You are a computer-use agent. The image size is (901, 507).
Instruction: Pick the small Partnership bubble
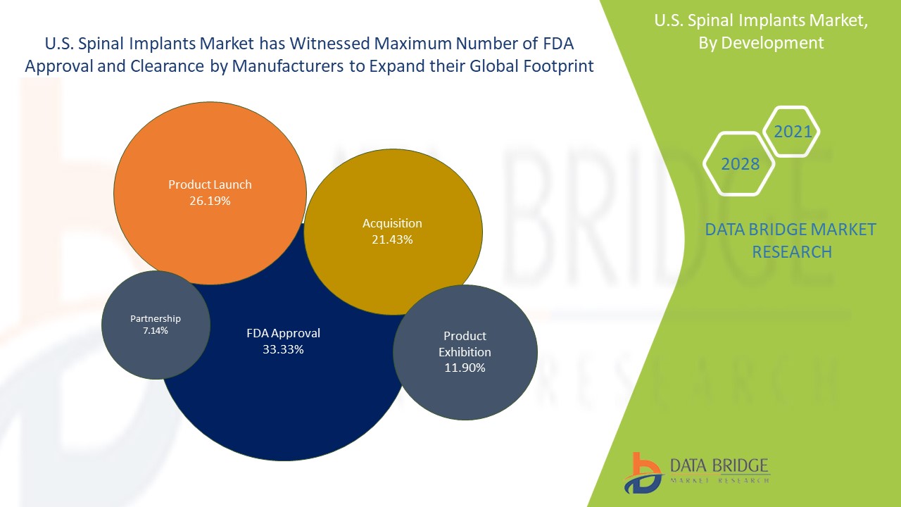(155, 345)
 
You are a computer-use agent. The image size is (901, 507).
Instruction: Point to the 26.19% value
(210, 201)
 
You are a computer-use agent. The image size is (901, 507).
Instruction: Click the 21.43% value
(392, 239)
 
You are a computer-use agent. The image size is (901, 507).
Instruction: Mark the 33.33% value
(283, 349)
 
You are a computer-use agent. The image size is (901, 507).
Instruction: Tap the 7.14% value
(155, 330)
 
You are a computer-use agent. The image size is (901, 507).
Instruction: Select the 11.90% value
(465, 368)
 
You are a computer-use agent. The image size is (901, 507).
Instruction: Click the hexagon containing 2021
(793, 132)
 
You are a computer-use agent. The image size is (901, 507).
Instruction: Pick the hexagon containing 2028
(740, 164)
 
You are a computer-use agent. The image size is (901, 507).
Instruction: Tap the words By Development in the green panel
(760, 43)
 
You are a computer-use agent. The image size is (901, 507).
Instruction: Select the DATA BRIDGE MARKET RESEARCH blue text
(791, 240)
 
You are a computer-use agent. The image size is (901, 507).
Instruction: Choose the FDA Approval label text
(283, 333)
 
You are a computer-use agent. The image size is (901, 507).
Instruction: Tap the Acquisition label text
(392, 223)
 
